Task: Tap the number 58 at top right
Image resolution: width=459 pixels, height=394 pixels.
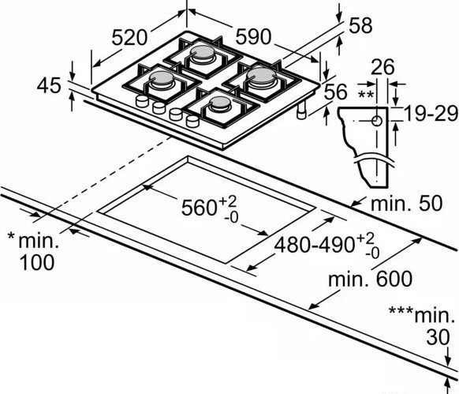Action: tap(360, 25)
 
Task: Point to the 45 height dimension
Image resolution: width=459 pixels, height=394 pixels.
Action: tap(49, 84)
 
